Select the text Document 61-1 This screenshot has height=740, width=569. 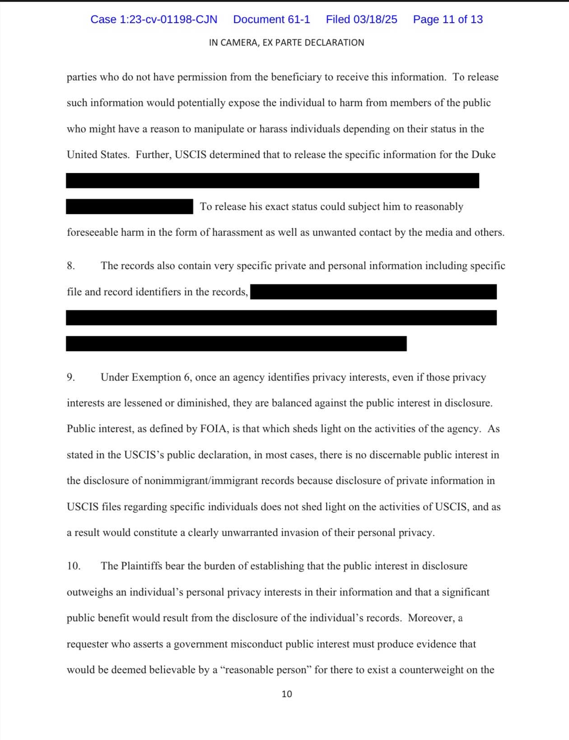pyautogui.click(x=271, y=19)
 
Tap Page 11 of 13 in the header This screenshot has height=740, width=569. pyautogui.click(x=448, y=19)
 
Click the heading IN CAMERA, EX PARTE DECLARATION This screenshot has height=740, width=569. pyautogui.click(x=286, y=43)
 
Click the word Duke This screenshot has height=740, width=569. pyautogui.click(x=483, y=155)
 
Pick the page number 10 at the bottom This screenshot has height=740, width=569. pyautogui.click(x=287, y=694)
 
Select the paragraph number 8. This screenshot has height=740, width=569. pyautogui.click(x=70, y=266)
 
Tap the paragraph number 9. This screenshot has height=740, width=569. pyautogui.click(x=70, y=377)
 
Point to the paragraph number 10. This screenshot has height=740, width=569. pyautogui.click(x=73, y=566)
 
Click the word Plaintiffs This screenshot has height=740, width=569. pyautogui.click(x=141, y=566)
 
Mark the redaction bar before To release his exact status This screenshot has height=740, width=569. pyautogui.click(x=129, y=207)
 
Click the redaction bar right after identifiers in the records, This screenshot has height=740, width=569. pyautogui.click(x=373, y=292)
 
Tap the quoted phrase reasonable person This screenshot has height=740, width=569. pyautogui.click(x=266, y=670)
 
